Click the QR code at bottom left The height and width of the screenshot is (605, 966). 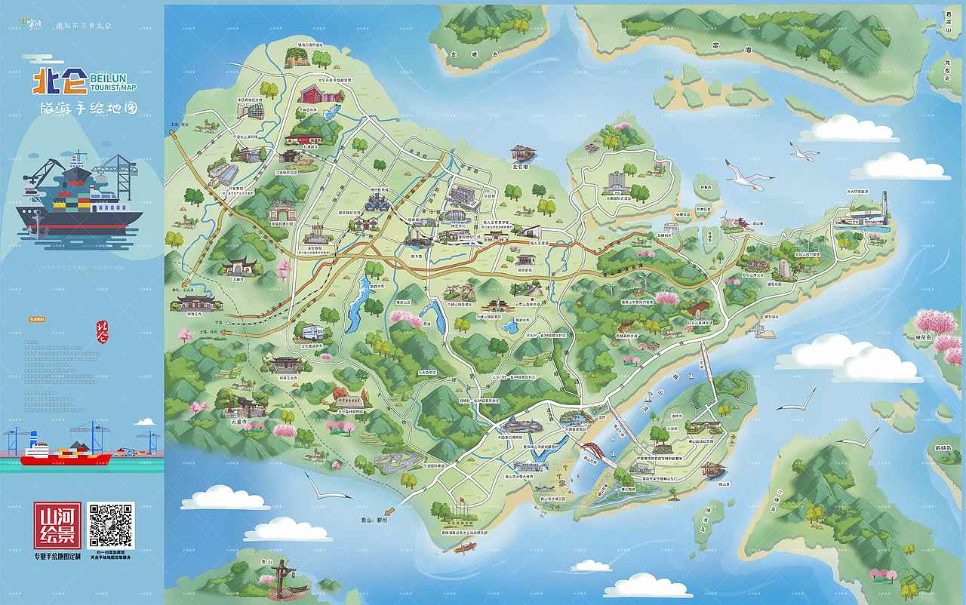click(110, 524)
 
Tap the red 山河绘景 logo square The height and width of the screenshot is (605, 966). click(57, 525)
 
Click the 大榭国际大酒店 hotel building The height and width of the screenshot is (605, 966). click(614, 182)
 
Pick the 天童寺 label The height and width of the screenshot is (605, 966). click(238, 422)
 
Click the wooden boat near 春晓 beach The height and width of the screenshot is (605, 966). click(459, 547)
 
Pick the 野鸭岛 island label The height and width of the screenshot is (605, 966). click(943, 448)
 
